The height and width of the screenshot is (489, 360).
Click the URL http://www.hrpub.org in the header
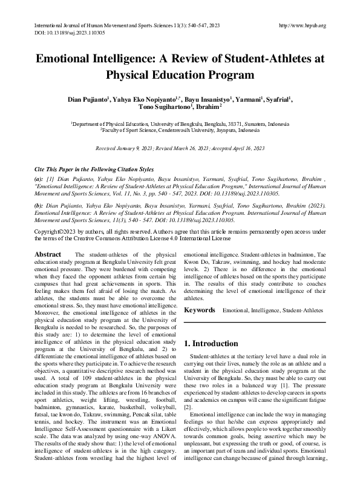(301, 25)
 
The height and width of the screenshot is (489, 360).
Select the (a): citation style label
(39, 180)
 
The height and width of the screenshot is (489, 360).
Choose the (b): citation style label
(39, 205)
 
